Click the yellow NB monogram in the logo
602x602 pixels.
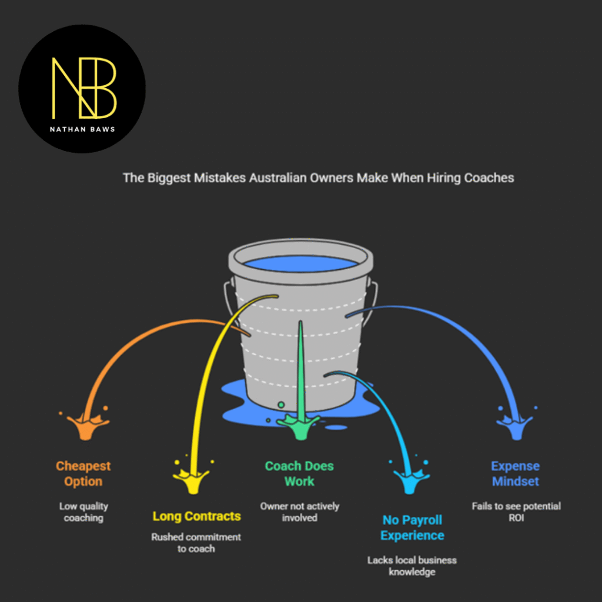coord(84,87)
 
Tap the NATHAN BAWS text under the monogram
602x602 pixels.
coord(82,129)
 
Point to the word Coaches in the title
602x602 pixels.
coord(489,178)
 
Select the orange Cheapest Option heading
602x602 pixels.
coord(83,474)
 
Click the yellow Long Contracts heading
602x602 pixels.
coord(196,516)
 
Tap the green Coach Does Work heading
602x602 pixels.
coord(299,474)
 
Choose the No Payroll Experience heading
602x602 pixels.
coord(412,527)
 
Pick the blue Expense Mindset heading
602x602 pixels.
coord(516,474)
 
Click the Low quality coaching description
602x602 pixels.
coord(83,512)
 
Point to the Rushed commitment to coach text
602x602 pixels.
coord(196,543)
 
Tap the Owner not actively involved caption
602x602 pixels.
coord(299,512)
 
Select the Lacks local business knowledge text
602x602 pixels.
coord(412,566)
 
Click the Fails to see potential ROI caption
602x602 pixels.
coord(516,512)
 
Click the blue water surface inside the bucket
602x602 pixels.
coord(300,263)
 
